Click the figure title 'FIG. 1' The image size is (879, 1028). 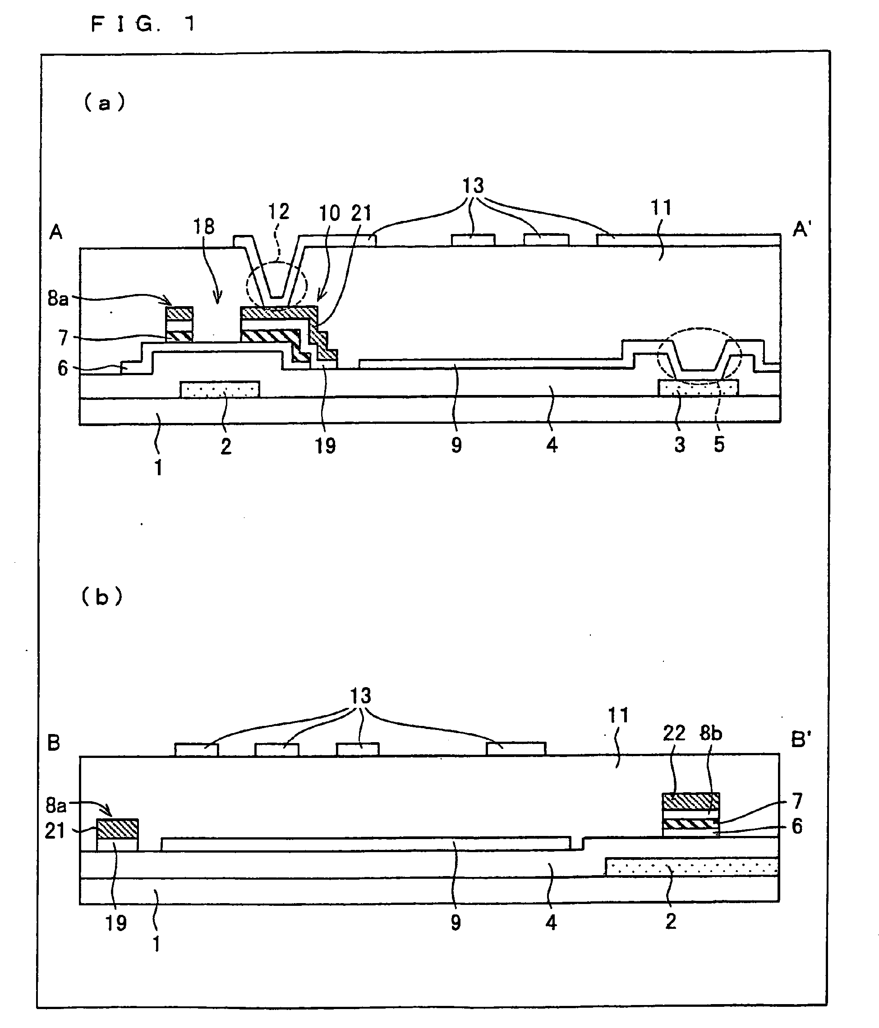coord(143,24)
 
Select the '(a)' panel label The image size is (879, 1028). coord(104,103)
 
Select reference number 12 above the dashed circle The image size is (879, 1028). coord(278,212)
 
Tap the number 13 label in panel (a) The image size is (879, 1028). coord(473,186)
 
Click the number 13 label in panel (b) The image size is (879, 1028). coord(360,696)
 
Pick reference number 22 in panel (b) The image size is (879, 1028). coord(673,733)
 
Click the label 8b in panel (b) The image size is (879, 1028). coord(711,733)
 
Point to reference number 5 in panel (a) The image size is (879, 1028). coord(719,445)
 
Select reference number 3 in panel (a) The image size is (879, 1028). coord(680,445)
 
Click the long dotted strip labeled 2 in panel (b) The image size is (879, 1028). coord(691,867)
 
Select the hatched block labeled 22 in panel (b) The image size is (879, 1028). coord(690,801)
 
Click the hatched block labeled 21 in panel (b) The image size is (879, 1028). coord(117,829)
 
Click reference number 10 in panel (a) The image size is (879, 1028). coord(329,213)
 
